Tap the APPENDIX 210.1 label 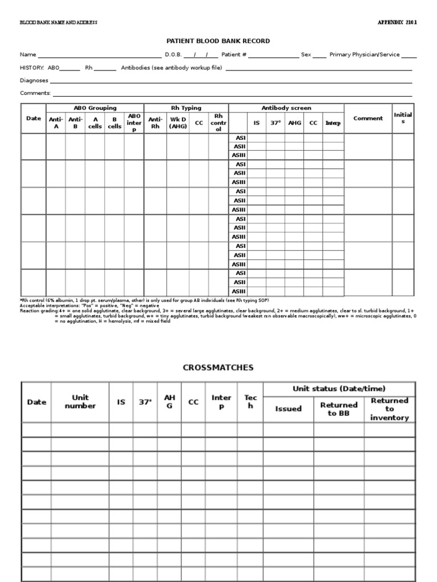coord(397,23)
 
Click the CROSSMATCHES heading coord(218,368)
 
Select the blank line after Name coord(100,55)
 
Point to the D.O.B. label coord(173,55)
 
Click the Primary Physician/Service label coord(364,55)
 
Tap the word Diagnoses coord(34,81)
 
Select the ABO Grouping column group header coord(95,108)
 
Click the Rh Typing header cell coord(186,108)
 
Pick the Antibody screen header coord(286,108)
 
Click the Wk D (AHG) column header coord(178,123)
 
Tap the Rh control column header coord(218,123)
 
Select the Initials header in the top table coord(403,118)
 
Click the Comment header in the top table coord(368,118)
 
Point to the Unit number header coord(80,402)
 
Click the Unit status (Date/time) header coord(339,389)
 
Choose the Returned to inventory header coord(390,409)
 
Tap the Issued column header coord(288,409)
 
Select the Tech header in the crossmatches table coord(250,402)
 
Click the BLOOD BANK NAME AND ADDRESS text coord(59,23)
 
